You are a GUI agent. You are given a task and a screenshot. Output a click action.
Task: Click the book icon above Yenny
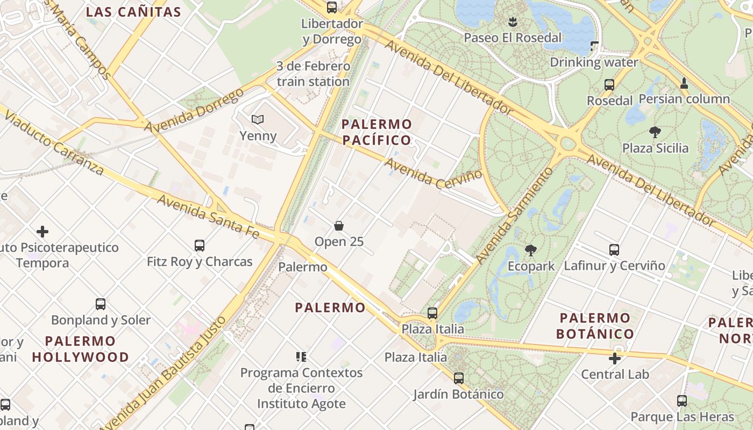[x=258, y=119]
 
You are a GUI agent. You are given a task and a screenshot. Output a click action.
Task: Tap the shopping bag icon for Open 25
[x=339, y=226]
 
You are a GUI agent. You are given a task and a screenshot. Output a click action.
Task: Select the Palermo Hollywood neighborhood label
[x=80, y=349]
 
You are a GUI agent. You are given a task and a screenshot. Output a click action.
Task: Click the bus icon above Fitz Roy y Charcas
[x=200, y=246]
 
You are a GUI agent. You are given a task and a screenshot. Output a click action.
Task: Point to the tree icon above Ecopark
[x=531, y=250]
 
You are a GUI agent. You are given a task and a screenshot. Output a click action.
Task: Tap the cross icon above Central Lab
[x=615, y=358]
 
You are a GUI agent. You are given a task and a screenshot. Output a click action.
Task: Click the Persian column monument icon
[x=684, y=83]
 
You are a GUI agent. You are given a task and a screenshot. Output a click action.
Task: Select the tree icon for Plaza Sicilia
[x=655, y=132]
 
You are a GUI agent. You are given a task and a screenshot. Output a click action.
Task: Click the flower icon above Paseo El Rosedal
[x=513, y=22]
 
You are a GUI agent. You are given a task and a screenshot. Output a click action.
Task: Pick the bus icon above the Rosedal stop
[x=609, y=85]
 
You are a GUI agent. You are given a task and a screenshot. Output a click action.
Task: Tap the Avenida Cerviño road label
[x=434, y=170]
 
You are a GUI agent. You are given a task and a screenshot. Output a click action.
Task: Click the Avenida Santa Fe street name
[x=209, y=216]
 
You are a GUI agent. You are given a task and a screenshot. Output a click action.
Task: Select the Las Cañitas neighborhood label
[x=133, y=12]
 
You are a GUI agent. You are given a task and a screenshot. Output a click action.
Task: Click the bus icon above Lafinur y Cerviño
[x=614, y=249]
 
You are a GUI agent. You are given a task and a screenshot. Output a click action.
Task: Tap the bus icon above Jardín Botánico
[x=458, y=378]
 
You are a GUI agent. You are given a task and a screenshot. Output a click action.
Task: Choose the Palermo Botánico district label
[x=594, y=326]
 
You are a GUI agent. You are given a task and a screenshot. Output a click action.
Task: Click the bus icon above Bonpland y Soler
[x=101, y=304]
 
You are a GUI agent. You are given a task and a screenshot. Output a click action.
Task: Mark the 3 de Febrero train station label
[x=313, y=74]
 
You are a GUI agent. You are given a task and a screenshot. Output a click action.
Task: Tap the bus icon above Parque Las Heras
[x=682, y=400]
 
